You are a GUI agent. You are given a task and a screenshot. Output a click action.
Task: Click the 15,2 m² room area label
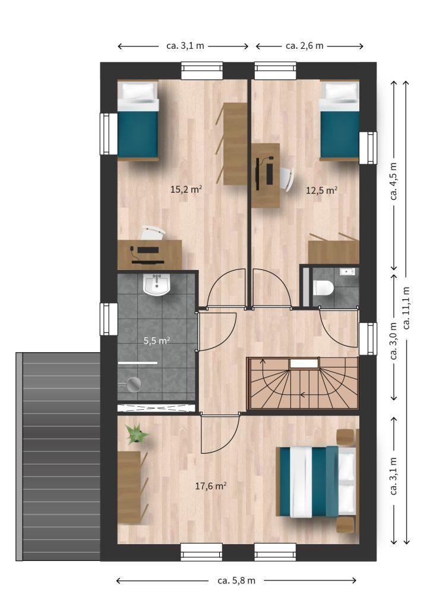click(186, 189)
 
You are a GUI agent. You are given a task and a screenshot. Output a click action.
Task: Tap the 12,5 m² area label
click(322, 190)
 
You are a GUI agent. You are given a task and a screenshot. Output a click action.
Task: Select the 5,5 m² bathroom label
click(157, 341)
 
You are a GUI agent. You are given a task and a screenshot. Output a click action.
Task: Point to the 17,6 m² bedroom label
click(211, 485)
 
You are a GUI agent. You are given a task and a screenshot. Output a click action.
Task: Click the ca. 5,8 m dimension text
click(236, 580)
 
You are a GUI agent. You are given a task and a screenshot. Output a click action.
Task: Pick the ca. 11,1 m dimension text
click(406, 307)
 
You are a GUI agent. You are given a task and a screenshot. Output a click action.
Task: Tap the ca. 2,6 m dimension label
click(305, 46)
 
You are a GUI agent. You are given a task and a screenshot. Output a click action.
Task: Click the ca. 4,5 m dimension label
click(394, 181)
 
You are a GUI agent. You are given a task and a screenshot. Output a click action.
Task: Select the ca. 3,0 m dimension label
click(394, 341)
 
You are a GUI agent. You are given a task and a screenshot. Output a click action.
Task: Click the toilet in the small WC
click(323, 288)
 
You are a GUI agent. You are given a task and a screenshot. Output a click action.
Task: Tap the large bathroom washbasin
click(157, 284)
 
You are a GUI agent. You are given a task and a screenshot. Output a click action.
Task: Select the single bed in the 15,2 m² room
click(138, 120)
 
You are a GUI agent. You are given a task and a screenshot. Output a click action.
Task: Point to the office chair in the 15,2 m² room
click(153, 233)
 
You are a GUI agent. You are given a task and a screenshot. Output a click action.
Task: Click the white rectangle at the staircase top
click(304, 363)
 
